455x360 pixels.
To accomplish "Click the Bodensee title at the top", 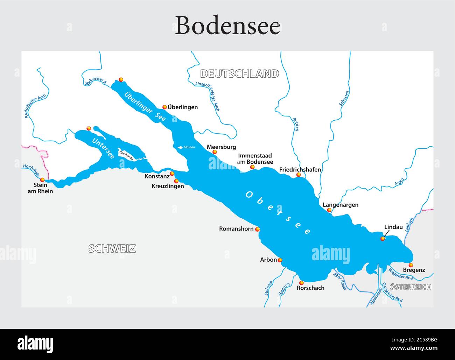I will coord(227,25).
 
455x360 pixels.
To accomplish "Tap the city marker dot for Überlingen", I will coord(164,107).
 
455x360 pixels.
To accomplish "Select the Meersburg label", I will coord(221,147).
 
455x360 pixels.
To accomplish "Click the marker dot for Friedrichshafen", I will coord(299,175).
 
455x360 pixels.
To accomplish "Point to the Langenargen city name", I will coord(340,205).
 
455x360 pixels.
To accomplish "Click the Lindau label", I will coord(393,227).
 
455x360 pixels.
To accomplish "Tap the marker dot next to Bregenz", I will coord(411,265).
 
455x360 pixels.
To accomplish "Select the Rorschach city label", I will coord(310,288).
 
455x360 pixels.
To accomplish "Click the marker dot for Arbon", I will coord(280,260).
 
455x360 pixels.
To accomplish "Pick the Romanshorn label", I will coord(236,229).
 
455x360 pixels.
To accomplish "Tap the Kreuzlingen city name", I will coord(168,186).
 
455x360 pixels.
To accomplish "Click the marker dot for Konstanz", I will coord(172,174).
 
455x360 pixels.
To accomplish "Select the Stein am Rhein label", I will coord(40,188).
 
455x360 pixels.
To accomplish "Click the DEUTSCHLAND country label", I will coord(239,73).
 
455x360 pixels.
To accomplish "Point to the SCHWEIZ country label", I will coord(112,248).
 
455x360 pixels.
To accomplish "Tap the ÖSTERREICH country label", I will coord(410,287).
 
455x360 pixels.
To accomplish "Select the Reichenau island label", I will coord(126,155).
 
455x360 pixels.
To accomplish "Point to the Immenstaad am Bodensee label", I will coord(255,158).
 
